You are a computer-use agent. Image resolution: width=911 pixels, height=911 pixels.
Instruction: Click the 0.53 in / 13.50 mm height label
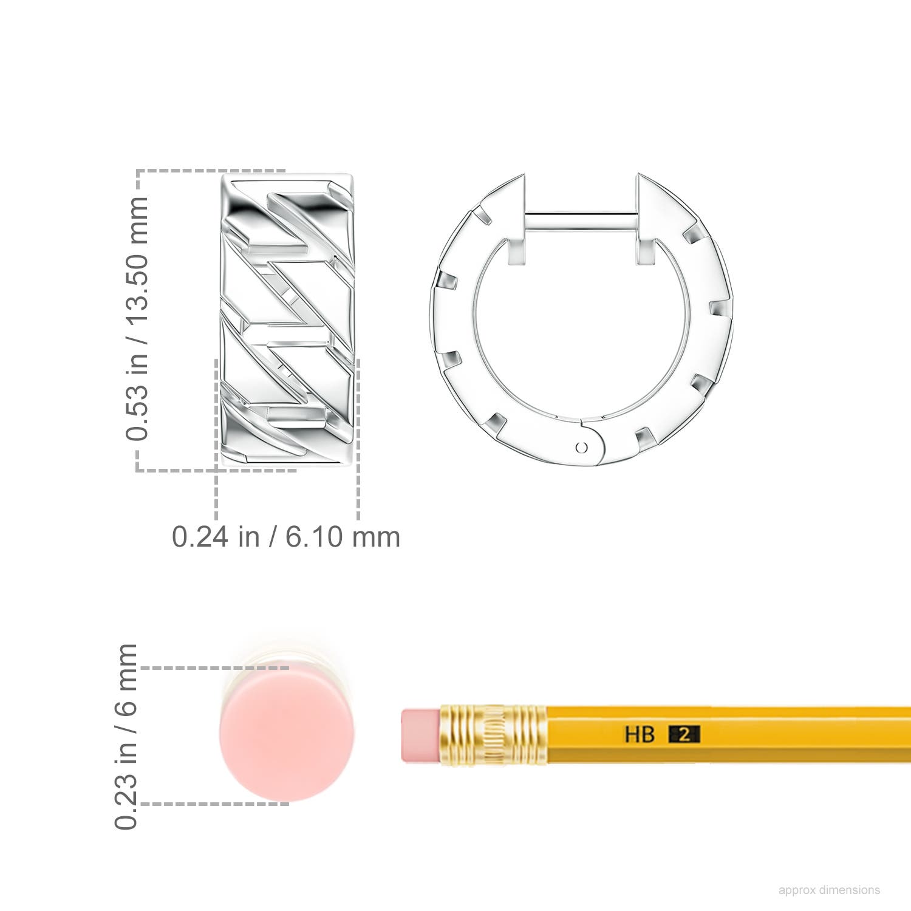click(x=137, y=318)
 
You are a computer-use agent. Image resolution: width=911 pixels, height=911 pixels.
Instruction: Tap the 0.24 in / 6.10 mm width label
click(x=285, y=537)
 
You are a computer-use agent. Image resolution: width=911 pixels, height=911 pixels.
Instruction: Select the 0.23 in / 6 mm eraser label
click(x=126, y=736)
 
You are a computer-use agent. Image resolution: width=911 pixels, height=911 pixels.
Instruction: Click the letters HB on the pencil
click(x=640, y=734)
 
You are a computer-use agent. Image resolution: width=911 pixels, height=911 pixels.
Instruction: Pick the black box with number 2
click(x=684, y=734)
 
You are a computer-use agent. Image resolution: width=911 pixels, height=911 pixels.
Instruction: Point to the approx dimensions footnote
click(x=828, y=890)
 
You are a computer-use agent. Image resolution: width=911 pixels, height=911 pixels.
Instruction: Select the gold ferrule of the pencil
click(x=493, y=735)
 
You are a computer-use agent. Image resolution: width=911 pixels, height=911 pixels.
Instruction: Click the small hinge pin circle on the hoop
click(x=582, y=448)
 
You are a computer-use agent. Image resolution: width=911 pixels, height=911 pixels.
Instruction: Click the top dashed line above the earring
click(x=210, y=171)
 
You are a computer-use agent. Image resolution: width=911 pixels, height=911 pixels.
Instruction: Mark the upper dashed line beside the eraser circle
click(x=213, y=668)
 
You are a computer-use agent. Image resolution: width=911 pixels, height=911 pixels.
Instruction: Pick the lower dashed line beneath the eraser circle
click(x=213, y=804)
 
